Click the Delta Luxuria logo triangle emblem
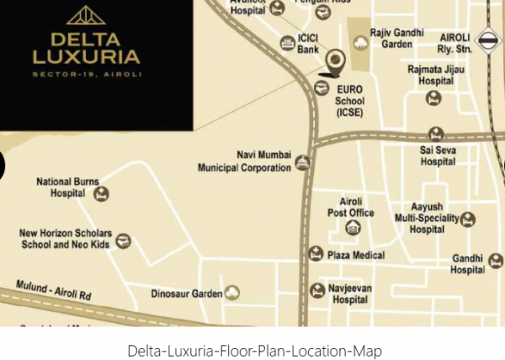coord(86,16)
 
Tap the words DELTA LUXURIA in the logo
coord(86,48)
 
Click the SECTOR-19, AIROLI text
coord(86,75)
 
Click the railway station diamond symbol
coord(486,40)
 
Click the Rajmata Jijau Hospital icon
coord(433,98)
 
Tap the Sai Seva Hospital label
coord(438,156)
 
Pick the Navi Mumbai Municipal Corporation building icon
coord(302,162)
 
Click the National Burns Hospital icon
coord(101,193)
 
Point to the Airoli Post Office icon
coord(352,226)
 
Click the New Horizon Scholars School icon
coord(124,241)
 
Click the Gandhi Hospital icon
coord(496,261)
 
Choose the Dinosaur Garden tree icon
coord(231,294)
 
